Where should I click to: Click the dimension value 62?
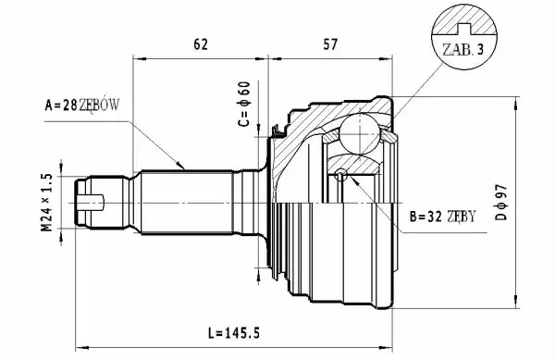(201, 43)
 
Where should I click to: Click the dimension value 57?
(330, 43)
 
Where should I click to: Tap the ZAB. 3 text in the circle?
(462, 50)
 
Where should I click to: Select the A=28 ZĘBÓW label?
(82, 106)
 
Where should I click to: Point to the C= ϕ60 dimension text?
(244, 104)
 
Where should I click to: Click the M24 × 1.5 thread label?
(47, 203)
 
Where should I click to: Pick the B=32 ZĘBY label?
(442, 216)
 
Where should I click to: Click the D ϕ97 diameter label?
(501, 202)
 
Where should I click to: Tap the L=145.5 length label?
(234, 333)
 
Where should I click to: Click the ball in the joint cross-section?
(360, 134)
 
